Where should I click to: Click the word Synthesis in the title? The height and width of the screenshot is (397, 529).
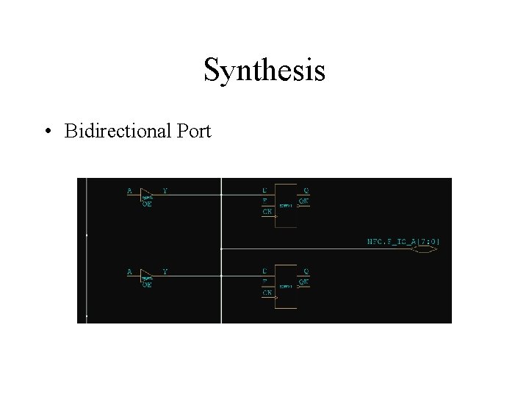tap(264, 71)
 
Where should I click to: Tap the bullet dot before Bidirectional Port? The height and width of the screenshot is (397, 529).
tap(48, 132)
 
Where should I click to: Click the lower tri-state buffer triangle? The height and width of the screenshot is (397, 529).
tap(146, 274)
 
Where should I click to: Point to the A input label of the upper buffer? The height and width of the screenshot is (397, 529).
tap(129, 191)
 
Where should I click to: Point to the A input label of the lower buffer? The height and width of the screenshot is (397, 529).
tap(129, 271)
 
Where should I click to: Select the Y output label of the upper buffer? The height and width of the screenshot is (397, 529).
tap(165, 191)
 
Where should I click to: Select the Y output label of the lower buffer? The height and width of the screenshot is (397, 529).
tap(165, 271)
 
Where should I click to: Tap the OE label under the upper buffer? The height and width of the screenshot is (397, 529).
tap(147, 205)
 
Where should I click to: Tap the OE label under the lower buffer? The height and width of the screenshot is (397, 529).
tap(147, 285)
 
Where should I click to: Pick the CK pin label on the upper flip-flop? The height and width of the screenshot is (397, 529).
tap(267, 212)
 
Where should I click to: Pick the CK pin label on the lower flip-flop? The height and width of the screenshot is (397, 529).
tap(267, 292)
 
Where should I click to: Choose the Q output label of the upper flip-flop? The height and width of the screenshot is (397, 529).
tap(306, 190)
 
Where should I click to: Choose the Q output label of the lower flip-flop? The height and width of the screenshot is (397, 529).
tap(306, 271)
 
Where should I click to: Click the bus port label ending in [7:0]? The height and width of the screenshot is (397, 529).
tap(403, 240)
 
